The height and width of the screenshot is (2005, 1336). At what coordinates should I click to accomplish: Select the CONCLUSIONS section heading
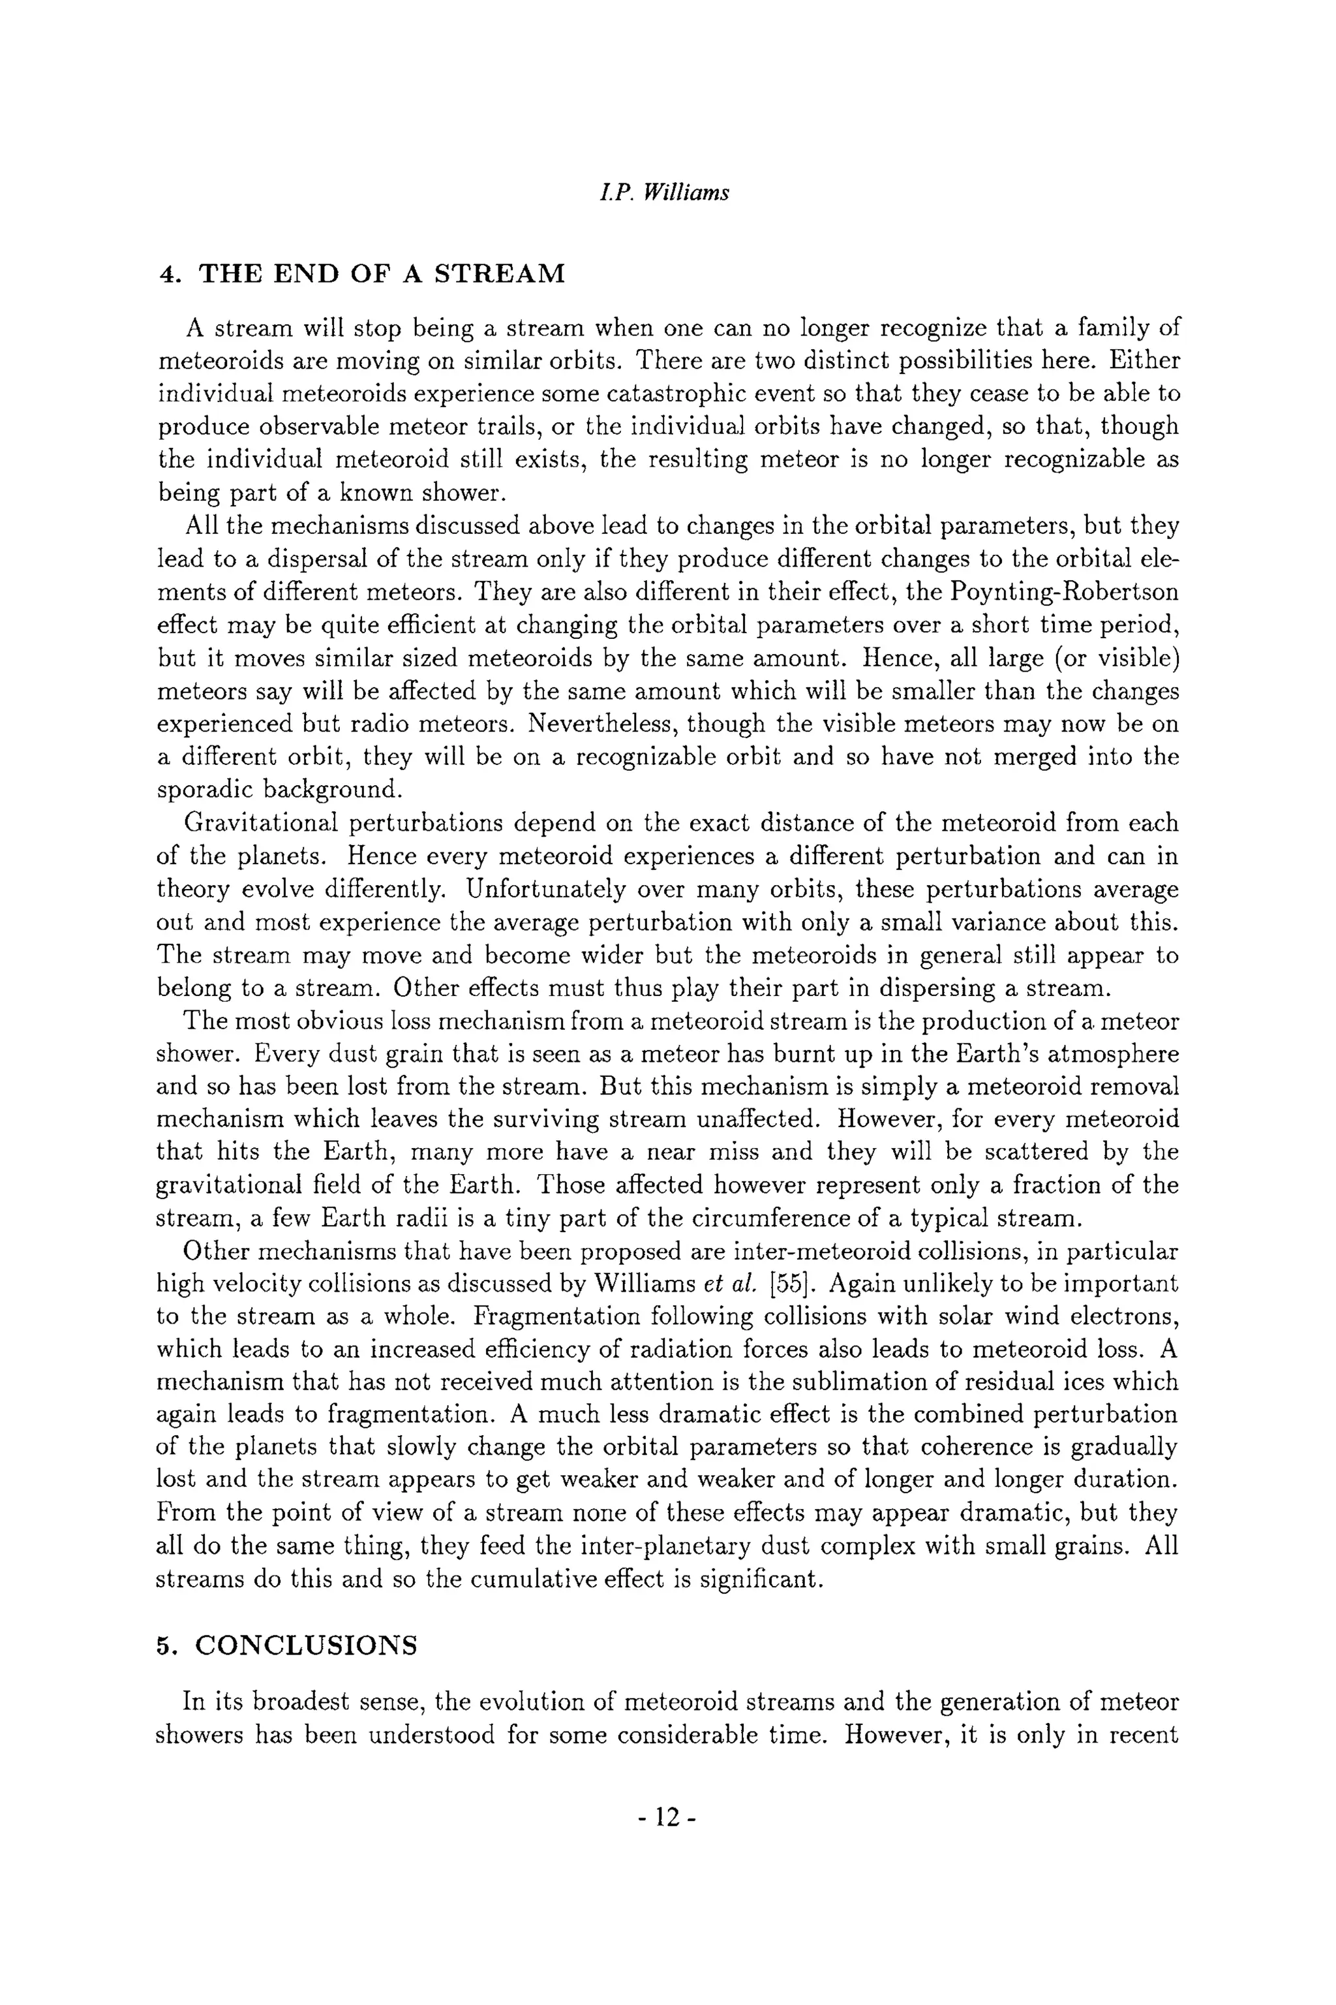click(307, 1645)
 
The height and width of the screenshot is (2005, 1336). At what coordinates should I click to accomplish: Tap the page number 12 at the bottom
click(667, 1818)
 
